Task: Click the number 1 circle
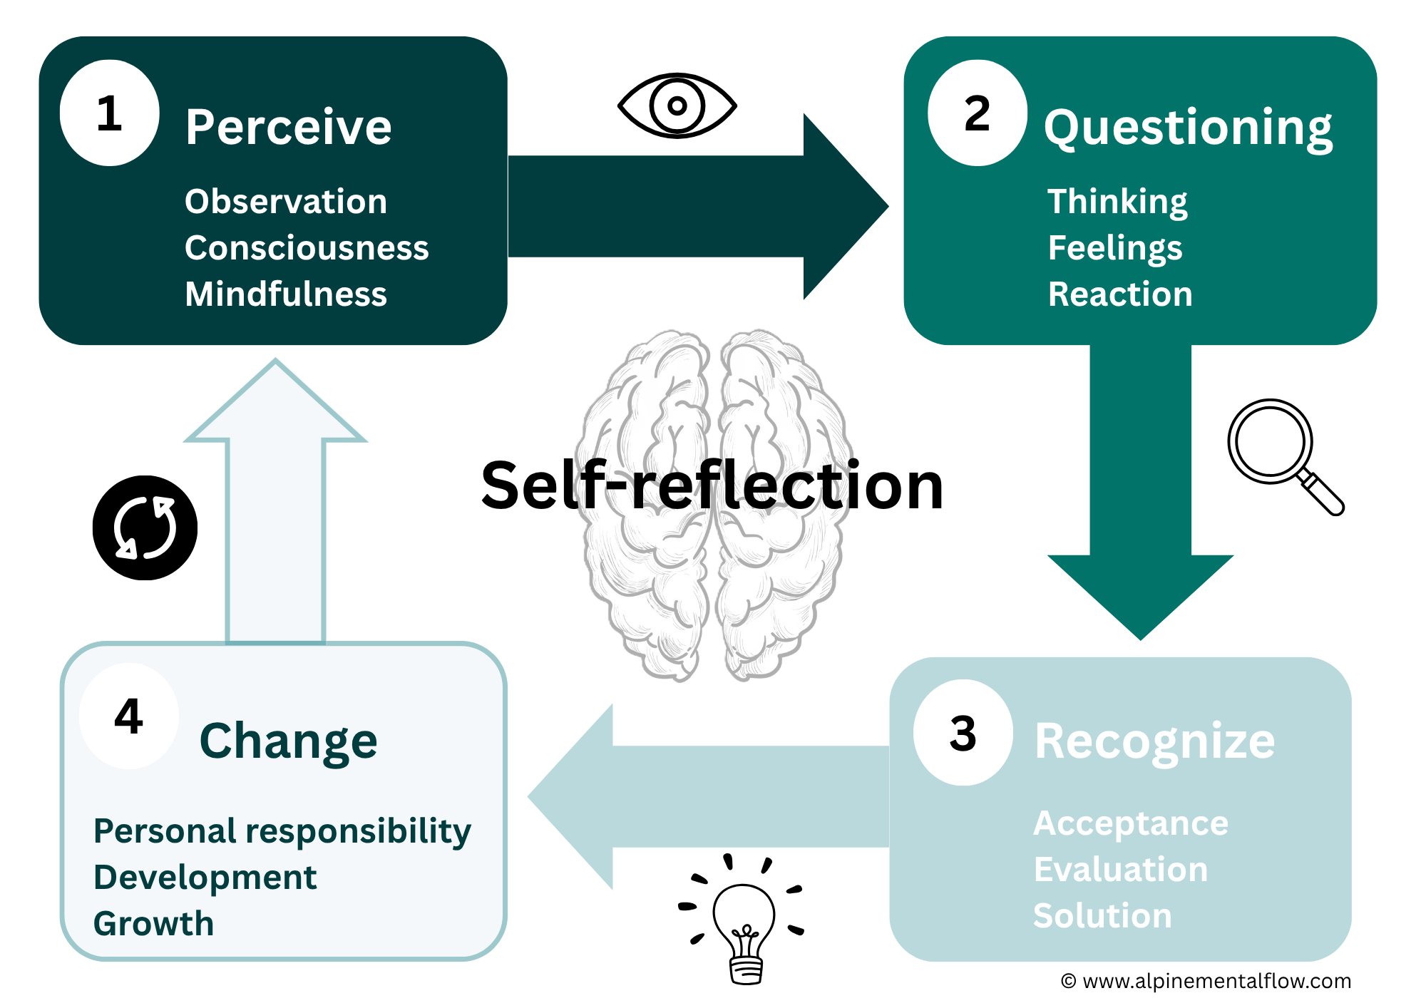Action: [109, 113]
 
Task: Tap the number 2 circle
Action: [977, 113]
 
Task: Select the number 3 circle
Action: [963, 733]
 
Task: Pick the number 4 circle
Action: [128, 716]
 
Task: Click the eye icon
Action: [677, 106]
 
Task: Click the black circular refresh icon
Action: [145, 528]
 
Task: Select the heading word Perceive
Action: [288, 128]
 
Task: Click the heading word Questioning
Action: [1188, 128]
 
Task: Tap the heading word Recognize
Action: [1154, 741]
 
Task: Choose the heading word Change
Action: [288, 741]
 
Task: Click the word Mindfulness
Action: [285, 294]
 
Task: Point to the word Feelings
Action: [1115, 248]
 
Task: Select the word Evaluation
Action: [1121, 870]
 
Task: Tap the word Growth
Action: [153, 924]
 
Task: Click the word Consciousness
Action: [307, 248]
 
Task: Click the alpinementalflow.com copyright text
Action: [1206, 982]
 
